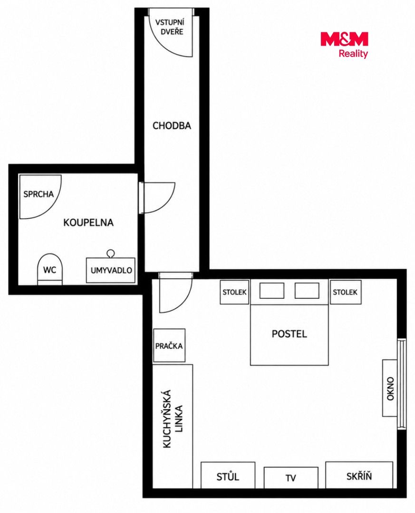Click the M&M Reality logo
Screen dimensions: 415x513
344,45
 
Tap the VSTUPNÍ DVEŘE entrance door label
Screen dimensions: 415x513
169,27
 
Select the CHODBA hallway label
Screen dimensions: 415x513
172,125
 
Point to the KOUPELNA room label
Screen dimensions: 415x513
88,222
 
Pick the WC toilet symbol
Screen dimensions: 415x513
50,269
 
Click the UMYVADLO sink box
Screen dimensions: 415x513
111,270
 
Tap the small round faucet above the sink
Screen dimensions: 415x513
111,253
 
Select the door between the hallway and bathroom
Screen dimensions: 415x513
156,198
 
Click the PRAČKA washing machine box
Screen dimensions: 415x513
169,345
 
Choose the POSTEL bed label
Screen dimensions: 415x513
289,334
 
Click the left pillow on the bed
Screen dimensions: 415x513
272,291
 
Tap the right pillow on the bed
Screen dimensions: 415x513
307,291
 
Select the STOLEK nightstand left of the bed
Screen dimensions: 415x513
234,292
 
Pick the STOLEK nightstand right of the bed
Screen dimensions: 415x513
345,292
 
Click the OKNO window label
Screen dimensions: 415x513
390,389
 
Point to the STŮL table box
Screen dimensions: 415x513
228,475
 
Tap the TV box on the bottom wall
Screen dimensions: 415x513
291,478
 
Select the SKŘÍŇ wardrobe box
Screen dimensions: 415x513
359,475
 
